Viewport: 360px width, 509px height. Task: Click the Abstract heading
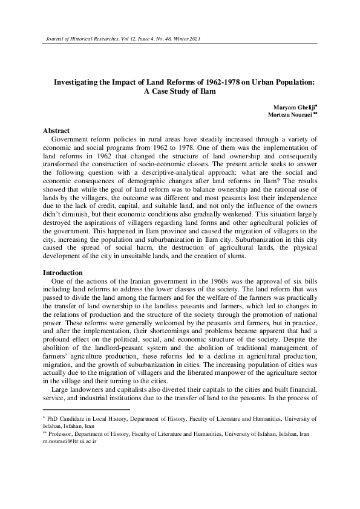point(56,131)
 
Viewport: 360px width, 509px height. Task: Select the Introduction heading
point(62,273)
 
